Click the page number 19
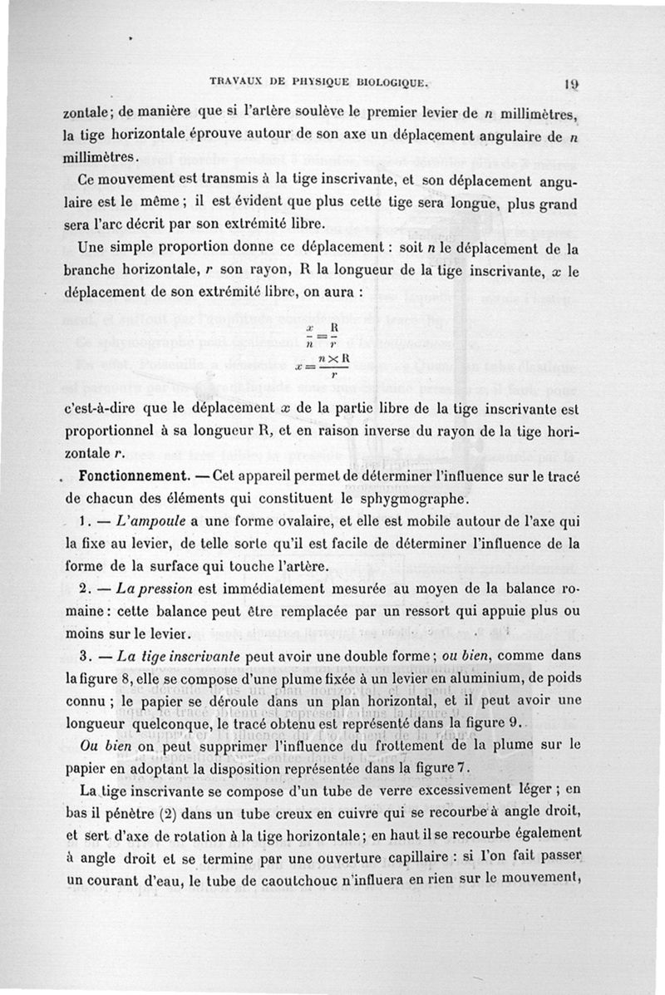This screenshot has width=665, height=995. pyautogui.click(x=571, y=83)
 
